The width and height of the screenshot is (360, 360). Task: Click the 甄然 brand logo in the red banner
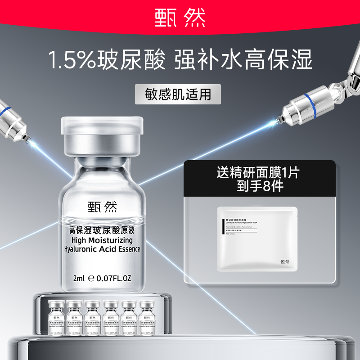pos(180,17)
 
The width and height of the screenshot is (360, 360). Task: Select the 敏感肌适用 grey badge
pos(180,94)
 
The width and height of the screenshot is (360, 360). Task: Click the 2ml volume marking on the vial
pos(79,278)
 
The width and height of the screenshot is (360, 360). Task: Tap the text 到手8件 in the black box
pos(261,186)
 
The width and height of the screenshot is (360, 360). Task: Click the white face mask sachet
pos(257,238)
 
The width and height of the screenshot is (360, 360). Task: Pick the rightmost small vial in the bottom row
pos(147,317)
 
